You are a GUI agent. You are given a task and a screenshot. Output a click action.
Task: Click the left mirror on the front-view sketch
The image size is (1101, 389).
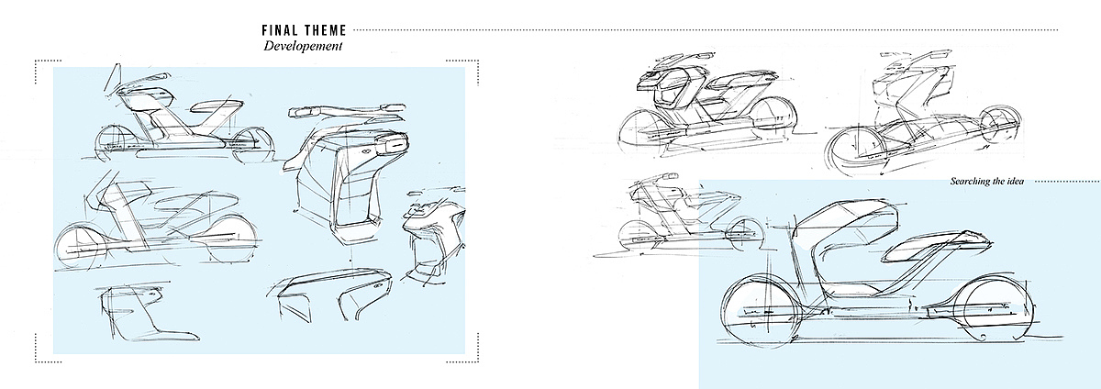pos(304,113)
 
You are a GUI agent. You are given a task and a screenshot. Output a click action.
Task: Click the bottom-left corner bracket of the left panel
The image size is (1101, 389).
pos(39,348)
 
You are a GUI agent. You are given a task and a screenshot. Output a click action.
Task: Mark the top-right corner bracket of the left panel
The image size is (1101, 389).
pos(474,65)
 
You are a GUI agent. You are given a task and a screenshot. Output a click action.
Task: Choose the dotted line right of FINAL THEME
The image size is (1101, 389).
pos(716,28)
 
